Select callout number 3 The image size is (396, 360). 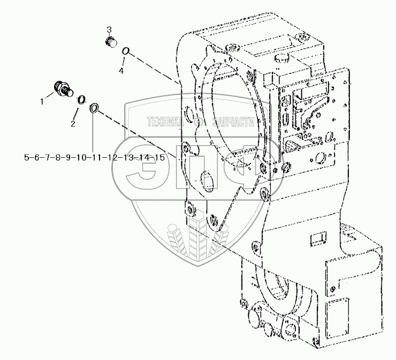[108, 28]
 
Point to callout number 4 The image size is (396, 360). [120, 71]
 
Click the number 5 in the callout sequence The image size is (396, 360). [27, 157]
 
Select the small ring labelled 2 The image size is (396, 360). [81, 99]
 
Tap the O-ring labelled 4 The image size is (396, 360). [125, 52]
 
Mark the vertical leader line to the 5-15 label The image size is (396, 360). [93, 134]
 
